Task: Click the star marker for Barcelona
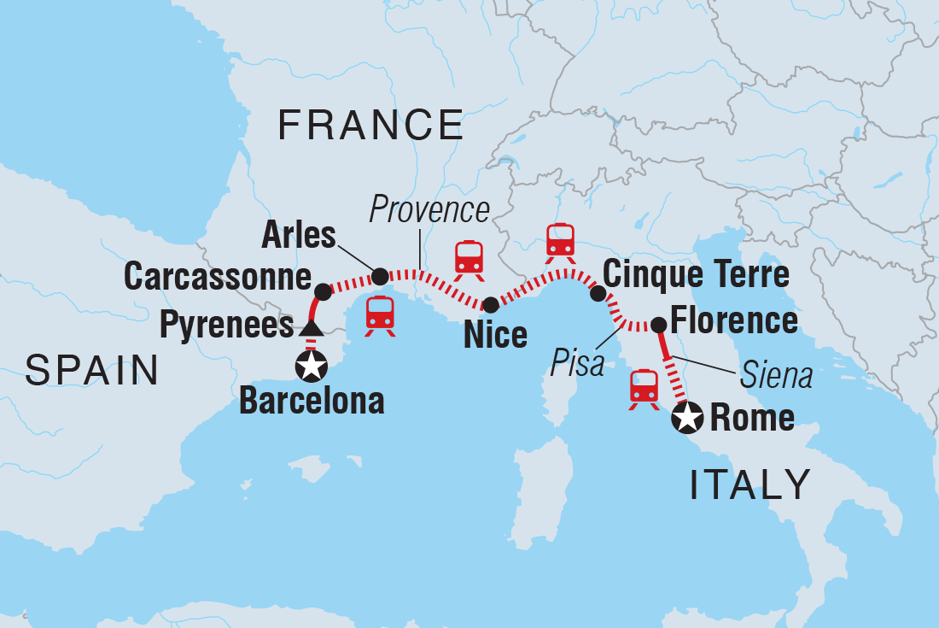[x=310, y=367]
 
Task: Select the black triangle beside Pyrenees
[x=311, y=328]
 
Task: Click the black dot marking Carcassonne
[x=323, y=291]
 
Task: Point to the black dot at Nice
[x=491, y=305]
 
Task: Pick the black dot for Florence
[x=659, y=325]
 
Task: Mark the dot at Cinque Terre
[x=598, y=294]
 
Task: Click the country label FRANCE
[x=370, y=126]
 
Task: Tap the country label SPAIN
[x=92, y=371]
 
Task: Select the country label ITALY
[x=749, y=485]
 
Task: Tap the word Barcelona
[x=312, y=401]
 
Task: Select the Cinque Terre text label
[x=696, y=274]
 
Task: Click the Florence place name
[x=734, y=321]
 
